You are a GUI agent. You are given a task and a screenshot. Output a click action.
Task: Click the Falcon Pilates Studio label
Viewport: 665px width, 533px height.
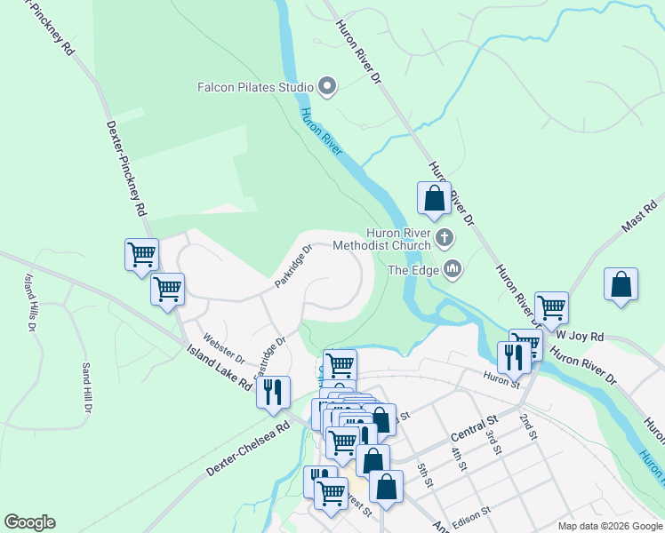(x=254, y=87)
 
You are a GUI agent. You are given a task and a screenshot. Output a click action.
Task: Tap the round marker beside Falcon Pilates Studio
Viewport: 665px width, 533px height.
(x=327, y=87)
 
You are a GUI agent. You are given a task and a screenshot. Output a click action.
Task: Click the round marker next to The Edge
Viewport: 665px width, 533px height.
(x=453, y=268)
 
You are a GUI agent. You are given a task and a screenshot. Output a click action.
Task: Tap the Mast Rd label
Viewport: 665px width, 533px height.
(x=638, y=215)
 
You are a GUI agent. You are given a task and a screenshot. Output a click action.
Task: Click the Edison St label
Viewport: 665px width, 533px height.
(x=474, y=514)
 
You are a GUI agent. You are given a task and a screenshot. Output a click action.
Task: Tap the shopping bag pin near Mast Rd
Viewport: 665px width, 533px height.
(x=621, y=284)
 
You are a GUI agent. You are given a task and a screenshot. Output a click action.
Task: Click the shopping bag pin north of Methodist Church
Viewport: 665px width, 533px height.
(x=434, y=198)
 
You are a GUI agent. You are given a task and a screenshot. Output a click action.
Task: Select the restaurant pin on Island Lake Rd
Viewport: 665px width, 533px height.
(x=273, y=390)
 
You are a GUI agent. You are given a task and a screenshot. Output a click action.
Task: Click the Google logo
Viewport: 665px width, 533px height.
(x=29, y=522)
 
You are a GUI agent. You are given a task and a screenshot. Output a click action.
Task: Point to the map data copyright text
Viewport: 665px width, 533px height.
(x=609, y=526)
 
